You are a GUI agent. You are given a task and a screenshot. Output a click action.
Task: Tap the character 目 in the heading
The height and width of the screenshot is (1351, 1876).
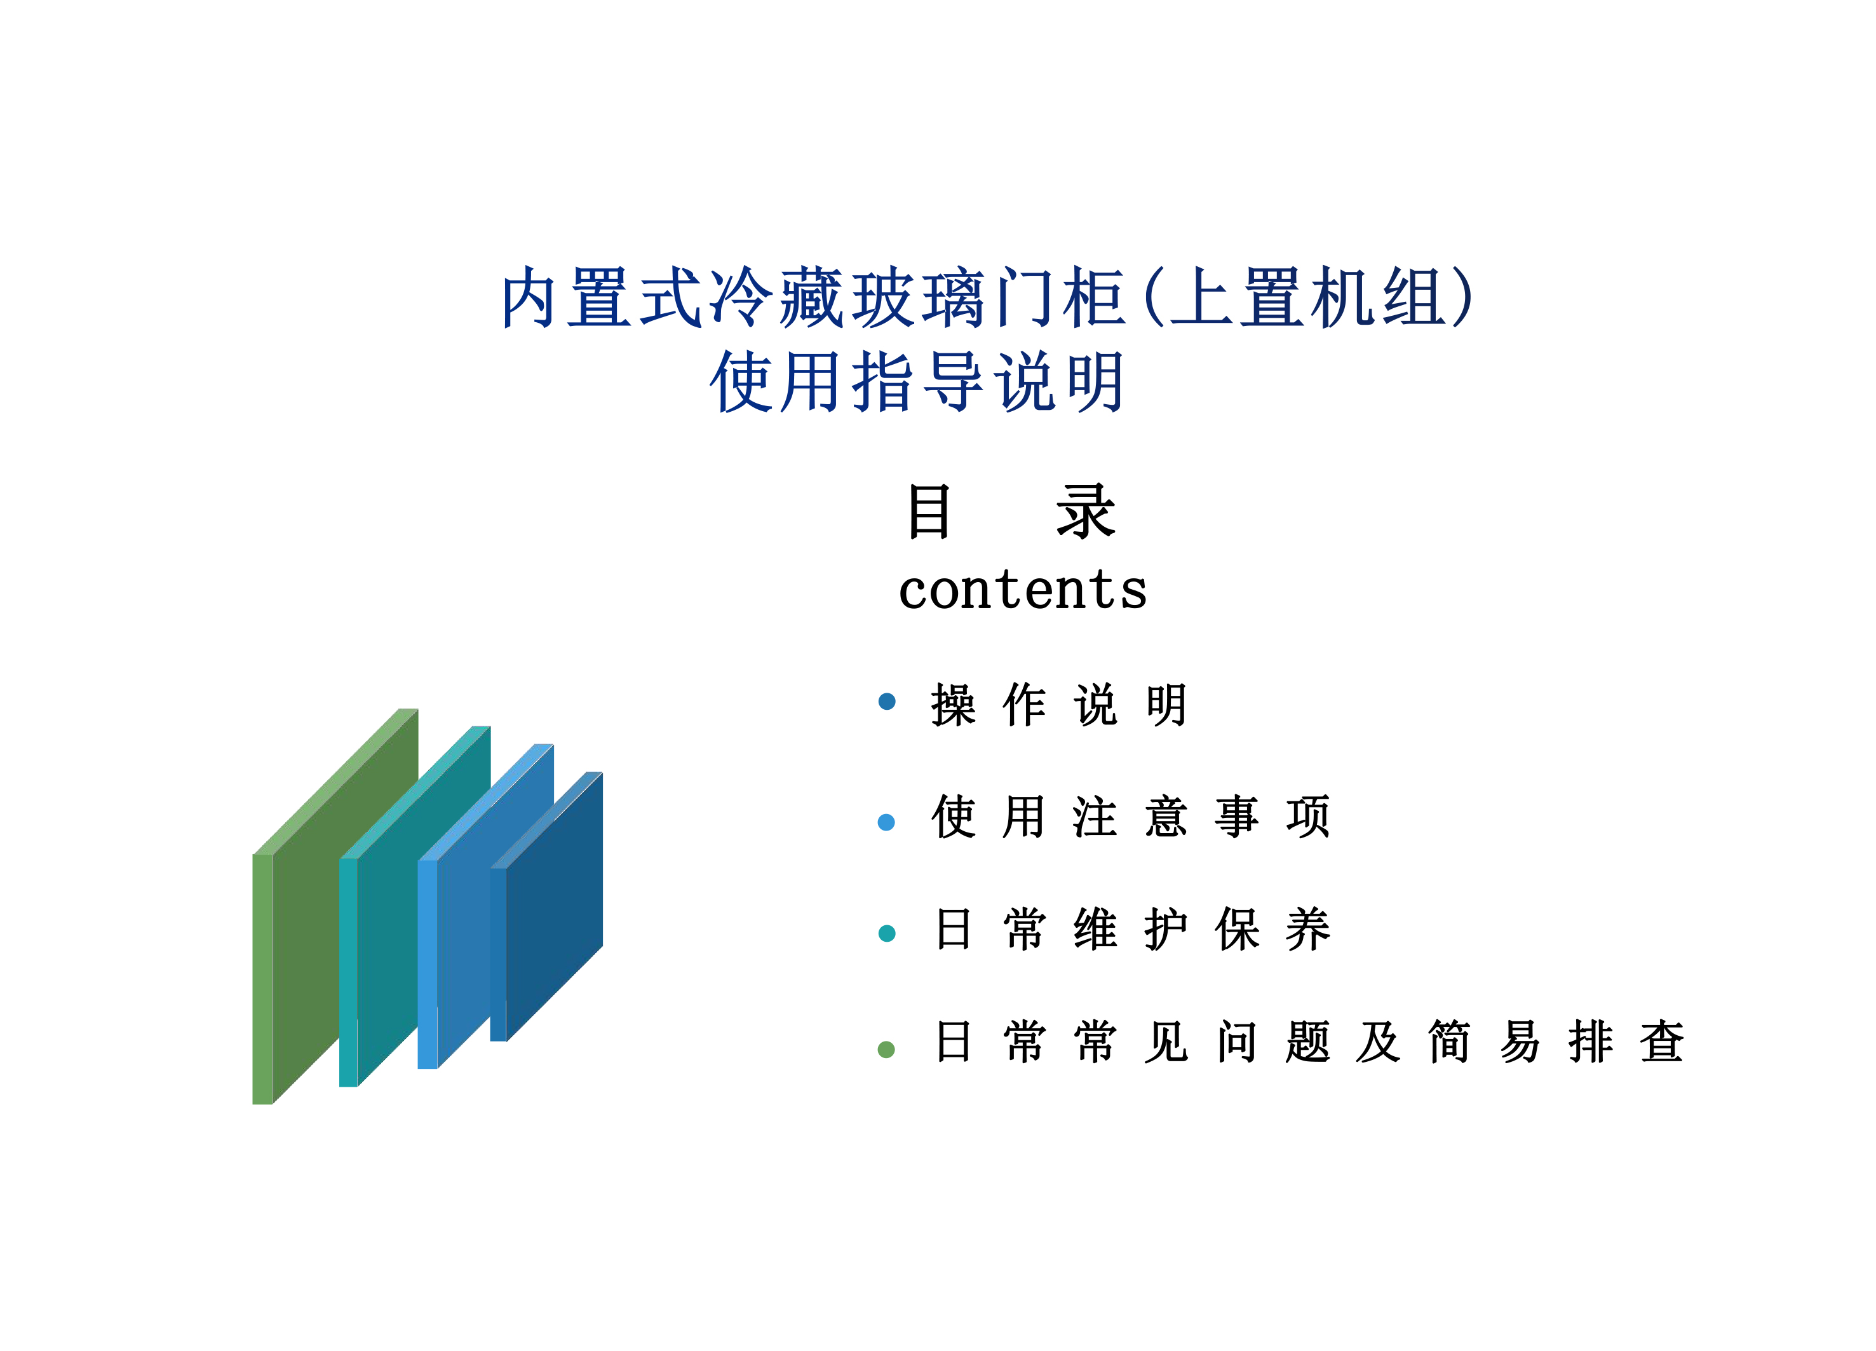pos(929,512)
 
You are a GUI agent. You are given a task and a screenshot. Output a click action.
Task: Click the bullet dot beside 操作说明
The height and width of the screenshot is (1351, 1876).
pos(887,702)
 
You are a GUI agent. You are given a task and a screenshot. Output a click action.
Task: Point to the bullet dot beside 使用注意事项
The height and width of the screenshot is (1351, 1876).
pos(887,822)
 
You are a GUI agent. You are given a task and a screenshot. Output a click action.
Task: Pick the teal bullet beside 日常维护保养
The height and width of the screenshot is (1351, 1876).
pos(887,933)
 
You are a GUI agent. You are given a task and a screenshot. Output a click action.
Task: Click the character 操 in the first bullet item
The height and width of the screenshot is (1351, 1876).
pos(954,705)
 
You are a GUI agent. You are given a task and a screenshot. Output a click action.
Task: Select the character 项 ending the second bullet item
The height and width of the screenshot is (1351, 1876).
pos(1308,817)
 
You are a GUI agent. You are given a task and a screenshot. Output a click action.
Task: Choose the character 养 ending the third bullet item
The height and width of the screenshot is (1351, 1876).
pos(1308,929)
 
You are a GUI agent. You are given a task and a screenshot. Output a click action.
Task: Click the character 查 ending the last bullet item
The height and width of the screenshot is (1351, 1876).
pos(1662,1042)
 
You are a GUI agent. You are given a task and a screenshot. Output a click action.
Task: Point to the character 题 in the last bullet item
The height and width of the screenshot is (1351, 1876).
pos(1308,1042)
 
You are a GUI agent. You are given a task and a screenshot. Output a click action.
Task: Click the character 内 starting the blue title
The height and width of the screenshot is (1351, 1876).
pos(529,298)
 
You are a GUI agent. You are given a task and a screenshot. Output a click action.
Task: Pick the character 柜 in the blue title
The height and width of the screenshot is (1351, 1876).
pos(1093,298)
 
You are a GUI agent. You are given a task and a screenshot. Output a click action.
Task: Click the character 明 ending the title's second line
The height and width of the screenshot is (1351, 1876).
pos(1093,381)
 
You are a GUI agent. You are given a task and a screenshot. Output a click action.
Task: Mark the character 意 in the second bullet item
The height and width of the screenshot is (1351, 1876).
pos(1166,817)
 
